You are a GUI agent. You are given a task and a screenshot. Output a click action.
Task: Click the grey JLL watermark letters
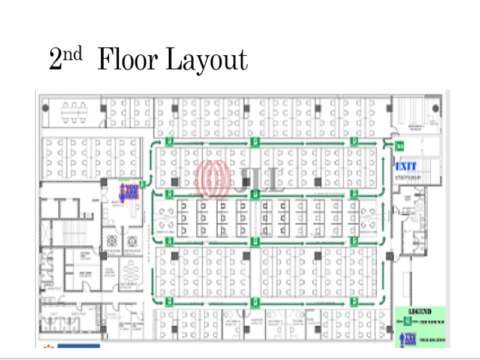(x=262, y=179)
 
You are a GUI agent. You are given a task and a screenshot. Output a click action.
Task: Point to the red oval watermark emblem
(x=214, y=179)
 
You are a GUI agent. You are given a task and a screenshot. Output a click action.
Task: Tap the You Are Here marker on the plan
(x=128, y=191)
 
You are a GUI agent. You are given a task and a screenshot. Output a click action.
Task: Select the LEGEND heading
(x=420, y=313)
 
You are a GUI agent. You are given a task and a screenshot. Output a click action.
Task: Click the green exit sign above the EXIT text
(x=400, y=146)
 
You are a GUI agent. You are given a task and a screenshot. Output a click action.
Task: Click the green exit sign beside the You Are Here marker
(x=143, y=184)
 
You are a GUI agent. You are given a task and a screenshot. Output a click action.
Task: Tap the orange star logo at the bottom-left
(x=48, y=346)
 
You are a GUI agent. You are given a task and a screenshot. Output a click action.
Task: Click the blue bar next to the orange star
(x=78, y=346)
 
